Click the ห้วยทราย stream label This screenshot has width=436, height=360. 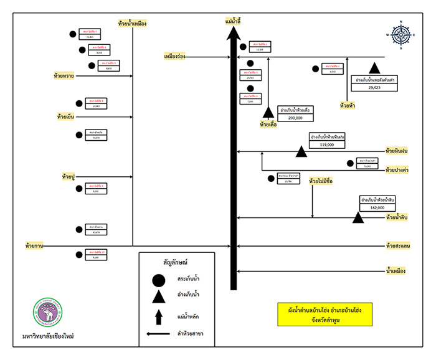click(64, 76)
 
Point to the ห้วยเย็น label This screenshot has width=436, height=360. click(65, 116)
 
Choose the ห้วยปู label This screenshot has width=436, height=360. click(69, 178)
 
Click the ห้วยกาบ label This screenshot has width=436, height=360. click(34, 245)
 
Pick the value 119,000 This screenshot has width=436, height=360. click(326, 144)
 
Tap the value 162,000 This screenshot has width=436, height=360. click(377, 207)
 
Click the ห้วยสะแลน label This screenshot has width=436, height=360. click(397, 246)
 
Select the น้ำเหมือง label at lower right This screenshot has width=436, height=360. click(396, 271)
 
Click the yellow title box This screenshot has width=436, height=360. click(325, 314)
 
